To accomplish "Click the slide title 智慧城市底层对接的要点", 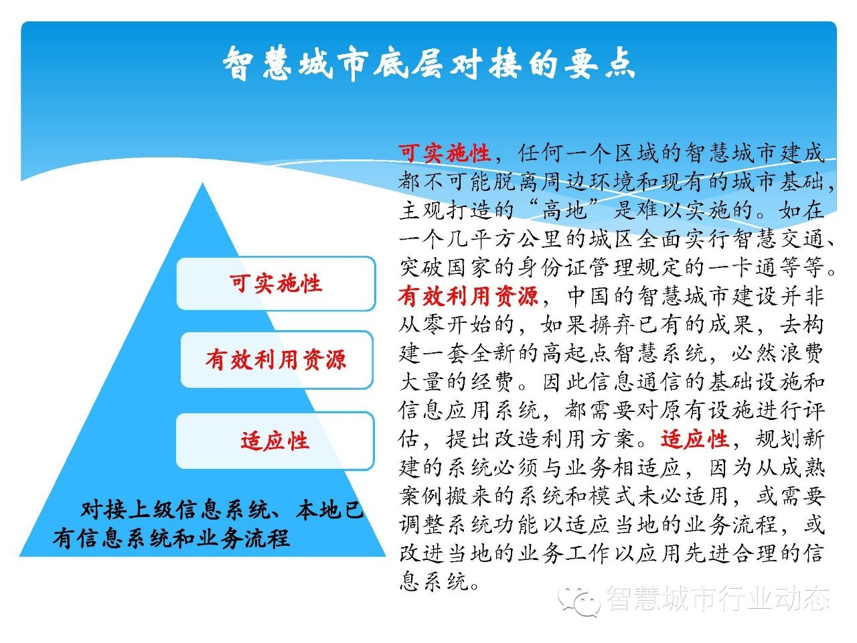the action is click(428, 64).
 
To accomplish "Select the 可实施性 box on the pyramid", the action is click(276, 283).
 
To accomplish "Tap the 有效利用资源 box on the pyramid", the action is click(277, 360).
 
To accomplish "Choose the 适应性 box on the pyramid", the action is click(275, 441).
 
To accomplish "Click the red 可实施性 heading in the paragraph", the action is click(445, 153).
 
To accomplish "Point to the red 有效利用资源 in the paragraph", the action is click(469, 296).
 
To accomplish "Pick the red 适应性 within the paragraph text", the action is click(694, 439).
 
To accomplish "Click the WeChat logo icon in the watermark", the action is click(579, 600).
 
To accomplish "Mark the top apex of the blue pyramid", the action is click(203, 183).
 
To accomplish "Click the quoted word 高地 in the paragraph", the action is click(564, 210).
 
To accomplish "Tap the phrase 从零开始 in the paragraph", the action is click(445, 324).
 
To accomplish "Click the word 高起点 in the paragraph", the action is click(576, 354).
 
